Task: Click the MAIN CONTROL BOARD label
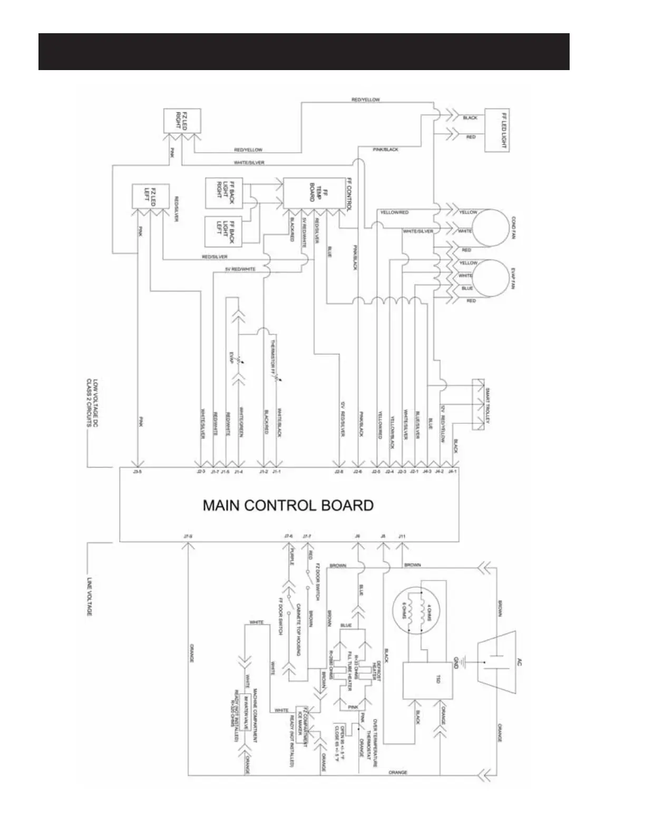[288, 505]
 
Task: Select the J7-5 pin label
[188, 536]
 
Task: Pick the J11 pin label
[402, 536]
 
